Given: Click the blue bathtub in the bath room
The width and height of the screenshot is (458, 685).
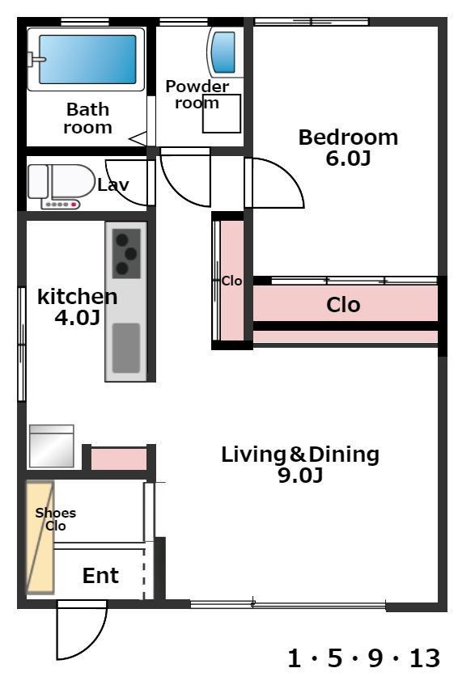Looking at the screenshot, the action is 87,59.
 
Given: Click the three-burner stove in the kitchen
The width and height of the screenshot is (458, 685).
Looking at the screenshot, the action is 127,253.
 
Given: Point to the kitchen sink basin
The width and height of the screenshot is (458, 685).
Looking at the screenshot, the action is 126,348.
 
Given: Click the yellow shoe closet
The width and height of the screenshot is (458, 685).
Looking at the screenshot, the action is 40,537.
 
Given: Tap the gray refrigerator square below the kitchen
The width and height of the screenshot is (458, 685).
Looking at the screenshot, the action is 51,446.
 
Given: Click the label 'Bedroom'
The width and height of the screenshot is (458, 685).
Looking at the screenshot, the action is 348,137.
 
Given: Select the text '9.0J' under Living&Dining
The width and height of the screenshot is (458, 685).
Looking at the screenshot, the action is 301,475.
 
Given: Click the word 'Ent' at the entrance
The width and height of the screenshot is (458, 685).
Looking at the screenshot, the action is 100,575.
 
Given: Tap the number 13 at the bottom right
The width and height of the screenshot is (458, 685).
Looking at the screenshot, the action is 424,658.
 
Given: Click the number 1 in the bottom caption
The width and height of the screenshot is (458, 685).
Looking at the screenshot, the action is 295,658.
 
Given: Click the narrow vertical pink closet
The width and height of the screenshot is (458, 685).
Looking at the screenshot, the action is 232,281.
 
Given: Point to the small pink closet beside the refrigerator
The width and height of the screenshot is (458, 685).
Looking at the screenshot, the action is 118,459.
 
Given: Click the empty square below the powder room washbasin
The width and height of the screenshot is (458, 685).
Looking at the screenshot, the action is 222,113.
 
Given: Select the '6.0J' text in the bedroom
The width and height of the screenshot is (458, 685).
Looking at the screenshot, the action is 348,159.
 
